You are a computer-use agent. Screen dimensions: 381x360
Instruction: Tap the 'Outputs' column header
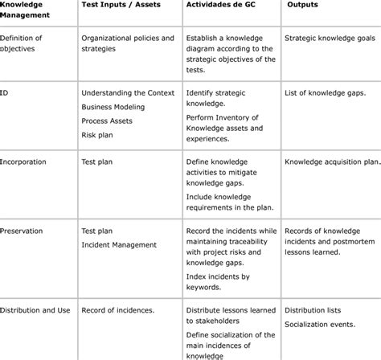point(305,6)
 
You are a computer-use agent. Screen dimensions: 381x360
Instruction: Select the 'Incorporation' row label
point(23,162)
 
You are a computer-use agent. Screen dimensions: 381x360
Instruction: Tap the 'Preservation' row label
point(23,231)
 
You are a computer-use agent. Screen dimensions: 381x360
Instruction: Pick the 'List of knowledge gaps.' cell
point(326,93)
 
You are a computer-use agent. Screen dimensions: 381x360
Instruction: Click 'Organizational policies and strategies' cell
point(128,43)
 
